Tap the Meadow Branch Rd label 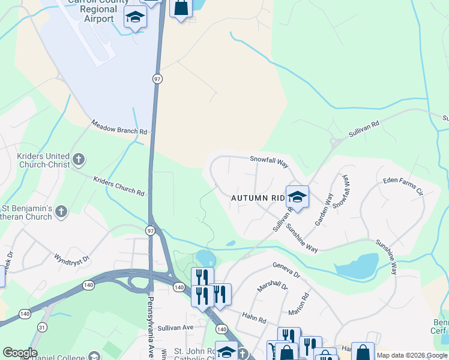(x=119, y=127)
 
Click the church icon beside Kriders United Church (x=79, y=160)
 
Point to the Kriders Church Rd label (x=119, y=186)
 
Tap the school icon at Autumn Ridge (x=297, y=197)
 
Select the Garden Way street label (x=325, y=209)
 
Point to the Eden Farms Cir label (x=403, y=186)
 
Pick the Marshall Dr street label (x=273, y=287)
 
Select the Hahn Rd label (x=253, y=316)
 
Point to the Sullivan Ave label (x=176, y=327)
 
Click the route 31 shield (x=41, y=327)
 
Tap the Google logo (x=19, y=353)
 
